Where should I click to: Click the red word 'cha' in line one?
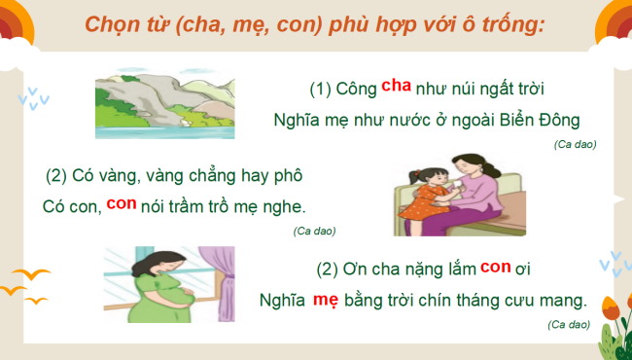click(x=396, y=86)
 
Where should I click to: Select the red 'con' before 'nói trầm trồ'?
click(x=122, y=204)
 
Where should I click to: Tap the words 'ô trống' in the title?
click(x=505, y=23)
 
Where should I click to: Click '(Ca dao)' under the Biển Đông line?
click(x=575, y=144)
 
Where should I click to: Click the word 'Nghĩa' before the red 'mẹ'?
click(x=283, y=301)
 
